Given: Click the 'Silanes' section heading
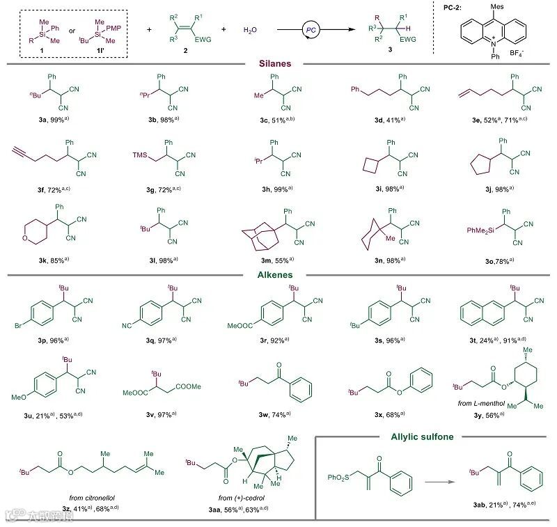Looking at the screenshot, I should [x=278, y=63].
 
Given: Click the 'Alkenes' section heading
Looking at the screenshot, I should [x=278, y=274].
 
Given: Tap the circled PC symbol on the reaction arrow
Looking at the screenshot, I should [x=310, y=31].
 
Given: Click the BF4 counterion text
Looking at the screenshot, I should [x=535, y=52].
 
